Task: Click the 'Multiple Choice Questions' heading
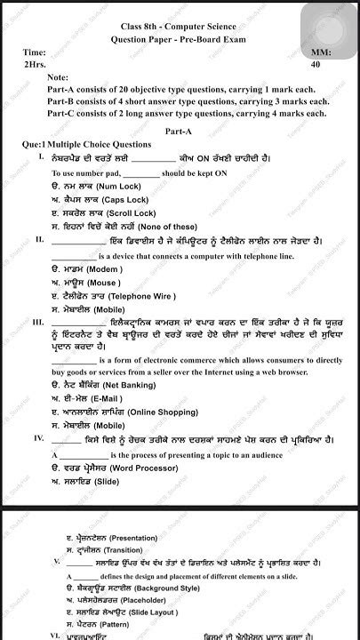click(x=99, y=143)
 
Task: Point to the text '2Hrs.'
click(x=36, y=64)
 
